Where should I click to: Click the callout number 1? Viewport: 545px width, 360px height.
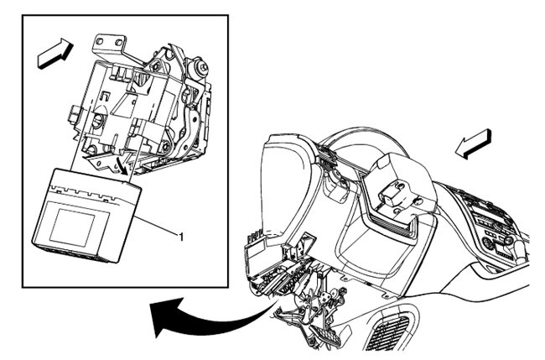[181, 237]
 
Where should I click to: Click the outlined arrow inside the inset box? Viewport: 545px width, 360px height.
[55, 53]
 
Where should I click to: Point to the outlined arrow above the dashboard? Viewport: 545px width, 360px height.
[474, 144]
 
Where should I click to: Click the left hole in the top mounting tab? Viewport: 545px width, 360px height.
[100, 41]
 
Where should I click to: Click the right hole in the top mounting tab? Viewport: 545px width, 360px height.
[118, 43]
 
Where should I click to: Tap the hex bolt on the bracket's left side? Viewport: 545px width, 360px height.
[75, 114]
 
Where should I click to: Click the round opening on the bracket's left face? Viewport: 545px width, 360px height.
[97, 119]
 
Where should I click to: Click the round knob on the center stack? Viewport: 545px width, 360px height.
[507, 240]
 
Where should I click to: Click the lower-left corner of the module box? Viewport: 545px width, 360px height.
[34, 243]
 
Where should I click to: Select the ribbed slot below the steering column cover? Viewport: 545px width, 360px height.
[392, 226]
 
